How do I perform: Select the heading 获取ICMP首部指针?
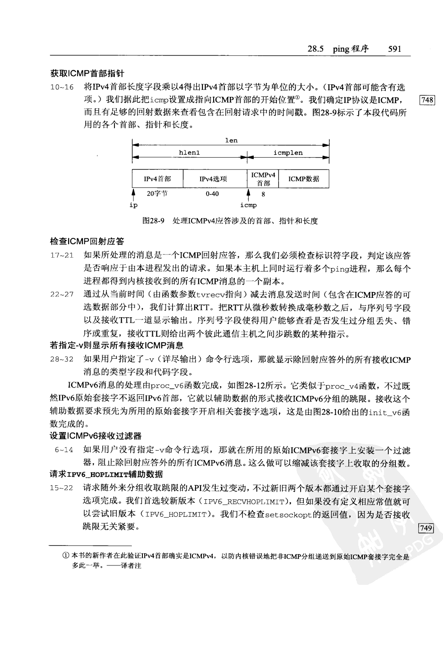(87, 73)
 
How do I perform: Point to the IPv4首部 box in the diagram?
(157, 179)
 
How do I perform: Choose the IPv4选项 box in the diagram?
(213, 179)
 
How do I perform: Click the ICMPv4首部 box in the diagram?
(263, 179)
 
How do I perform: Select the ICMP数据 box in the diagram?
(304, 179)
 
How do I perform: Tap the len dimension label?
(231, 141)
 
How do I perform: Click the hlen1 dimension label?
(189, 153)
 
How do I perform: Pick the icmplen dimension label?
(288, 153)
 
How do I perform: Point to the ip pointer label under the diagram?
(133, 205)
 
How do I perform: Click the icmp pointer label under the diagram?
(248, 205)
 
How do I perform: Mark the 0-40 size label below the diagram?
(212, 194)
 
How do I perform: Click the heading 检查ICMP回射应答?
(87, 242)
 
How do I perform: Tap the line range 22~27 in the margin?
(62, 295)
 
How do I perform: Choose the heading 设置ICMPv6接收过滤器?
(96, 436)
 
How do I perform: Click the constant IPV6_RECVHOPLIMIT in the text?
(244, 502)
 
